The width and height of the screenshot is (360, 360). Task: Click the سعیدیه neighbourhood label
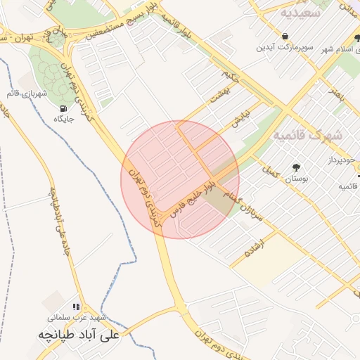click(x=300, y=13)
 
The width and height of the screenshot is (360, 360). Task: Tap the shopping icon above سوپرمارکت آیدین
click(x=285, y=36)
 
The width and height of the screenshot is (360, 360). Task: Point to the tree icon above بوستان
click(x=295, y=167)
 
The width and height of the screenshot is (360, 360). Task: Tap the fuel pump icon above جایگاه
click(x=64, y=109)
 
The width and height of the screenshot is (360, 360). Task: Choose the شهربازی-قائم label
click(x=32, y=94)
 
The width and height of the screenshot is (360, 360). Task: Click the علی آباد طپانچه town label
click(x=81, y=335)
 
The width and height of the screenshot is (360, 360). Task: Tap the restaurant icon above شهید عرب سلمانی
click(x=76, y=307)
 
